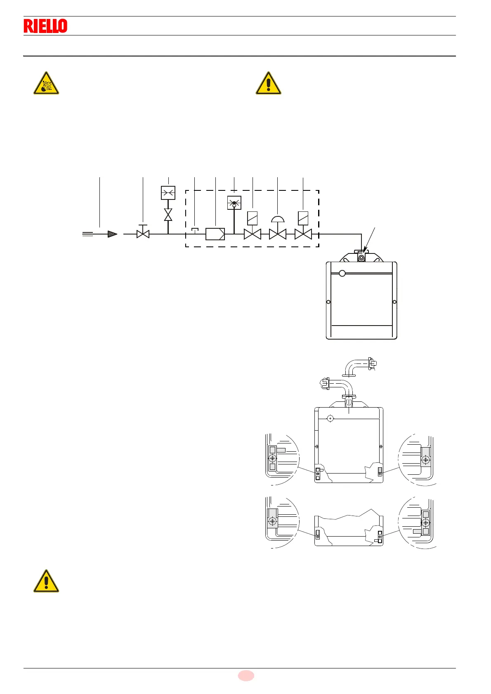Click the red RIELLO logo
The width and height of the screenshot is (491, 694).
[45, 26]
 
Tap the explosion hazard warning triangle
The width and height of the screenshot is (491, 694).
[46, 84]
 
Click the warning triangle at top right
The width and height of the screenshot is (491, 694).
[269, 84]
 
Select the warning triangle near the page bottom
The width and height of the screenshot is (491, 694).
[46, 582]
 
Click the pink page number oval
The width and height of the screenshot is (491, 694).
[246, 675]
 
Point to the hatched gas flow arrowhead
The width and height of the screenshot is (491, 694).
[112, 234]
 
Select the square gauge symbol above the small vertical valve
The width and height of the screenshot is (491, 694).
[168, 193]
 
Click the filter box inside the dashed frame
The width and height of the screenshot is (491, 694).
[215, 234]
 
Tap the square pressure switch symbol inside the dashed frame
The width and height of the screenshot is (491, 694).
[234, 202]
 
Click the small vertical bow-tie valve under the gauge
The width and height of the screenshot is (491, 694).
[168, 215]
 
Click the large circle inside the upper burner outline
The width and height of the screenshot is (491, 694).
[342, 273]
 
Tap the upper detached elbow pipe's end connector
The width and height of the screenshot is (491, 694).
[372, 364]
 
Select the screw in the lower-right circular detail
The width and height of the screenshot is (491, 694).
[426, 523]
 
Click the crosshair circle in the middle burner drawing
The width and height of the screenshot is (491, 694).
[330, 419]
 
